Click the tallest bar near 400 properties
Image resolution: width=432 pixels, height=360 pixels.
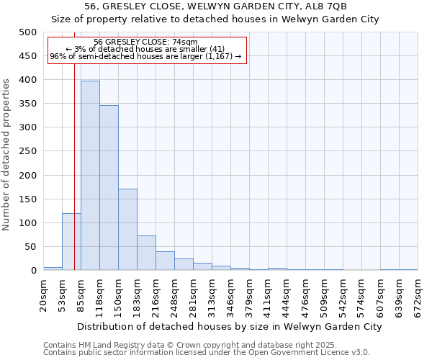click(x=90, y=176)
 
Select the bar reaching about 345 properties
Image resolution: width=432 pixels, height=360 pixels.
click(x=109, y=188)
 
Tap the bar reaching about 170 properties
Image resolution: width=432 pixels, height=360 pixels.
click(x=127, y=230)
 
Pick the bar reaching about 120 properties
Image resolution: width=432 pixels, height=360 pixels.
click(x=71, y=242)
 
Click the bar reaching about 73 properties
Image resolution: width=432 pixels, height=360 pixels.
click(x=146, y=253)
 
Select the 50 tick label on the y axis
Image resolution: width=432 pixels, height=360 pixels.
click(x=31, y=247)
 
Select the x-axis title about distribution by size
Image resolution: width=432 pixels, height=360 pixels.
click(x=230, y=326)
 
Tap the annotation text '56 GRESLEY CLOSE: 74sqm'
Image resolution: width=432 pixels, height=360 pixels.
click(x=146, y=42)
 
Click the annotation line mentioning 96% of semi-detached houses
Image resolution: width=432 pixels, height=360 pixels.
click(x=146, y=56)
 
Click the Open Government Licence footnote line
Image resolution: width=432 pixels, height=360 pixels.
click(x=207, y=352)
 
